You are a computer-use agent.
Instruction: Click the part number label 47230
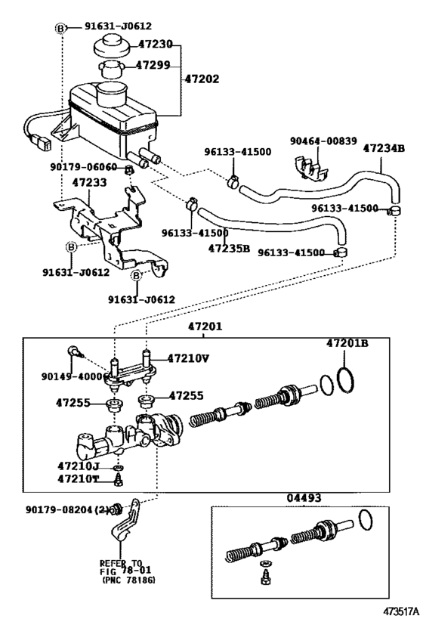tap(155, 45)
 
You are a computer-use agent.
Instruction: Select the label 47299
tap(155, 67)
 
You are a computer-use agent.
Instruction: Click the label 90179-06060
tap(84, 167)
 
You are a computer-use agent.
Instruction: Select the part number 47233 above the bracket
tap(90, 182)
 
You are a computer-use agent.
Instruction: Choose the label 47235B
tap(229, 247)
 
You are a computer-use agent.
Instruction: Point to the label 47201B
tap(347, 342)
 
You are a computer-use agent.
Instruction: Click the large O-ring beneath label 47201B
tap(344, 379)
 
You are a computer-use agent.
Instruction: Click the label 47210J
tap(78, 466)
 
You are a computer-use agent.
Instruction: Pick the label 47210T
tap(78, 478)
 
